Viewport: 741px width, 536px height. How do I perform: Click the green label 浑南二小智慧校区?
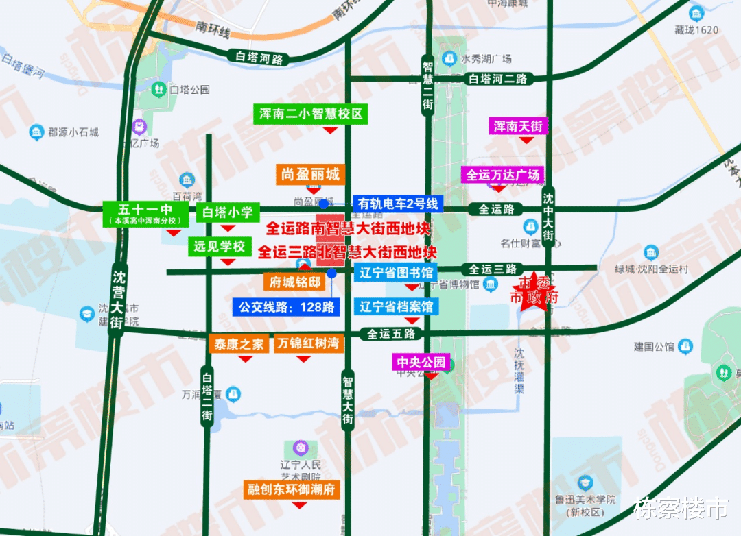(x=310, y=114)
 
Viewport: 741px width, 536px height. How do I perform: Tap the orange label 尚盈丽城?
(x=310, y=175)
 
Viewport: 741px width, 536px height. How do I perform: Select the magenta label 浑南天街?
(x=518, y=126)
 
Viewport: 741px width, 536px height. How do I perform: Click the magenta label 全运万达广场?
(x=503, y=175)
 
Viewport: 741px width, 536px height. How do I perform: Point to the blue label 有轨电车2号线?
(x=398, y=204)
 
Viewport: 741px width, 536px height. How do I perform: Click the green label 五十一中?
(x=145, y=213)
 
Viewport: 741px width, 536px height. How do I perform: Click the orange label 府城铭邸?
(x=296, y=282)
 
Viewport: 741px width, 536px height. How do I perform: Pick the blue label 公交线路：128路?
(x=287, y=307)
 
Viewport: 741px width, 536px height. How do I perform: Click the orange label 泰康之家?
(x=239, y=344)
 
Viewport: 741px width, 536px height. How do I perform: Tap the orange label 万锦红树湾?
(x=308, y=343)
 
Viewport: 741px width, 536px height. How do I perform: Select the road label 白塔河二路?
(x=498, y=80)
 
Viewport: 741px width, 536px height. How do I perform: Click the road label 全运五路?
(x=392, y=334)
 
